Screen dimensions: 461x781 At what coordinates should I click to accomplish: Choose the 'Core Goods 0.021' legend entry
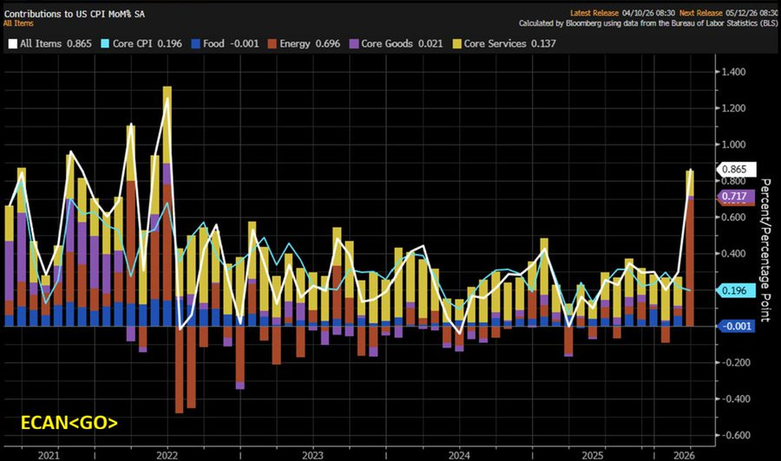[394, 43]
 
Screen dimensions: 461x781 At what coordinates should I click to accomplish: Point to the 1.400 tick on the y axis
[738, 72]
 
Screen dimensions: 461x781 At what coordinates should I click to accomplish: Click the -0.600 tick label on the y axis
[738, 436]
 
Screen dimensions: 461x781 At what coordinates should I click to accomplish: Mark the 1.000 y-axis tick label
[738, 145]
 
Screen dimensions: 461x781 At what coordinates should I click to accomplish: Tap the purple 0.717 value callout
[736, 197]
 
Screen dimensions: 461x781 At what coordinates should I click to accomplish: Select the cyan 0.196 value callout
[736, 291]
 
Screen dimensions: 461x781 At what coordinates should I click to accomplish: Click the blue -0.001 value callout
[736, 326]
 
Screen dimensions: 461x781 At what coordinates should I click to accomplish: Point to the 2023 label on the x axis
[313, 454]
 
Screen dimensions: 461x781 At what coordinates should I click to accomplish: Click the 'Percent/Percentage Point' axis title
[766, 250]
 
